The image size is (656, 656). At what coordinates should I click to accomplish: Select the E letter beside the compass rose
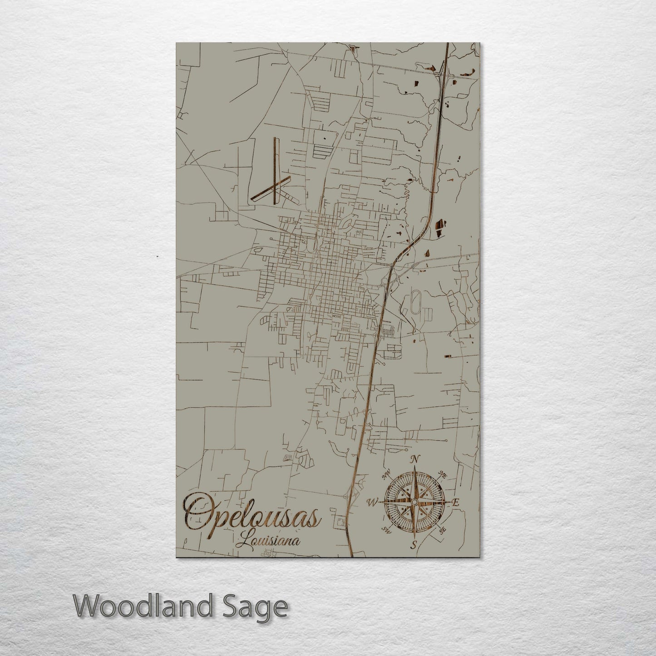[x=456, y=503]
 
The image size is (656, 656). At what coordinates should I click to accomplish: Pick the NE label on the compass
[x=443, y=475]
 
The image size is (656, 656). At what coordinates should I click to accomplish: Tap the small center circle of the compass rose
[x=414, y=501]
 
